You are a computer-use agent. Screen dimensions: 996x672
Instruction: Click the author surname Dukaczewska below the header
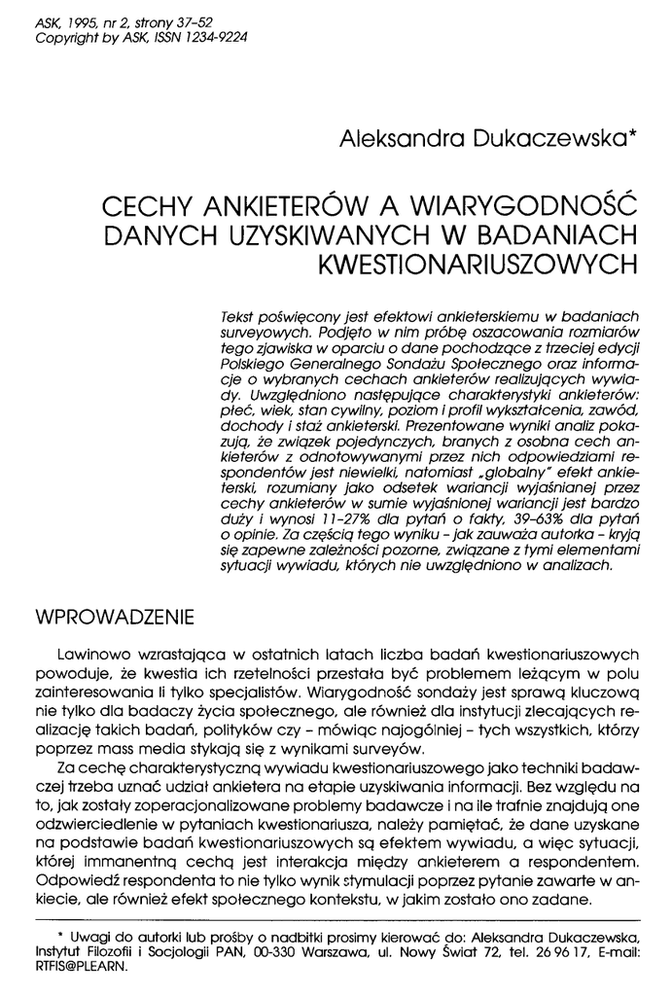coord(539,140)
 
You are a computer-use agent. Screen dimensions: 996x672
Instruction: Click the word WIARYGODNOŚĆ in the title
coord(522,208)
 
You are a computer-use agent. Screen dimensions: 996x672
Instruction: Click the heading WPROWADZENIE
coord(114,618)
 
